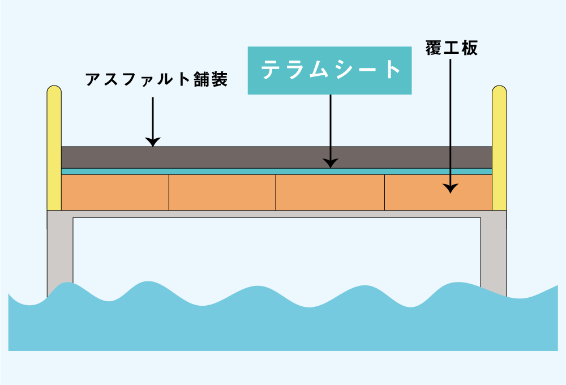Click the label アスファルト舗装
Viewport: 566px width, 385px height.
(x=157, y=79)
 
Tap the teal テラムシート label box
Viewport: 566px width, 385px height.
(x=329, y=70)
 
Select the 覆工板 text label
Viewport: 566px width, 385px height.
(x=452, y=48)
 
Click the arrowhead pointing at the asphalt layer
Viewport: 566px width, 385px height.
(x=153, y=142)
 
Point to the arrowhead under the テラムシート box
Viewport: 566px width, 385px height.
(x=331, y=163)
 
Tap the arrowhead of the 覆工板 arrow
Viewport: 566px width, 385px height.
(x=451, y=188)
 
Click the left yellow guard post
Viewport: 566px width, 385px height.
(x=54, y=148)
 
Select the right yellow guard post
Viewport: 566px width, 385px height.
(x=499, y=148)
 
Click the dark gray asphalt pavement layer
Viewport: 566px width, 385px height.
(x=277, y=157)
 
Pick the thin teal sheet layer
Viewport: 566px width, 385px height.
(x=277, y=172)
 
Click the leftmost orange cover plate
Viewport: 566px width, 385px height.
(x=115, y=192)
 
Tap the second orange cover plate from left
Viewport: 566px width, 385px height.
(x=222, y=192)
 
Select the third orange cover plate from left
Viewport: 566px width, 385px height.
(x=331, y=192)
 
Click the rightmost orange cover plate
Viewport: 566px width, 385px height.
(x=438, y=192)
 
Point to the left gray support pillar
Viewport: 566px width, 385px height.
(x=60, y=253)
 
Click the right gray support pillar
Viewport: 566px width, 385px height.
(x=494, y=253)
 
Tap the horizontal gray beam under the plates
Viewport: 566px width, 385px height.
(x=277, y=214)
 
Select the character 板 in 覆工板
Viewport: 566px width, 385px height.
(x=470, y=48)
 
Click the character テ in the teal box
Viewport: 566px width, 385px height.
(x=272, y=70)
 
